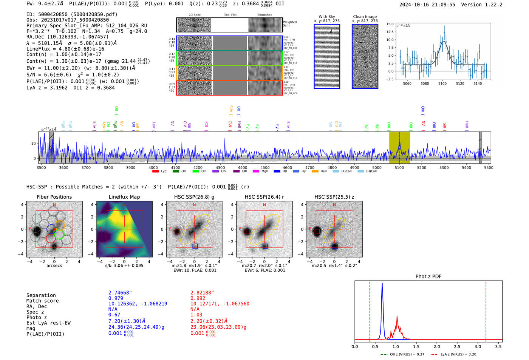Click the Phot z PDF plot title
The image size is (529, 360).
point(428,277)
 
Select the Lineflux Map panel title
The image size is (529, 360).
point(124,197)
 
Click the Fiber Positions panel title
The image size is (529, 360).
point(54,197)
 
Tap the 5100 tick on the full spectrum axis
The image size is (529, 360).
point(399,167)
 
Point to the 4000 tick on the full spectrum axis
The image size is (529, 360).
point(153,167)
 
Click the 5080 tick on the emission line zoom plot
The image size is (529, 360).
point(425,83)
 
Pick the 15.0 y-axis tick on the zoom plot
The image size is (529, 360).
point(390,24)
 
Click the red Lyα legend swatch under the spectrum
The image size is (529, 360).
point(155,172)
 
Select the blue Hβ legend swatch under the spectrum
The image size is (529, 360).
point(277,172)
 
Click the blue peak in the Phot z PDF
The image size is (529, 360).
point(382,284)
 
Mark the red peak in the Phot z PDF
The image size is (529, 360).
point(397,317)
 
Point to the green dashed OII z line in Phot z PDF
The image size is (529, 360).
point(370,310)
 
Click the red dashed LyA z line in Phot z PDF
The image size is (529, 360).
point(486,310)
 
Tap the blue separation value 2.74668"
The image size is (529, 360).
point(120,293)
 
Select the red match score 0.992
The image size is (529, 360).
point(198,298)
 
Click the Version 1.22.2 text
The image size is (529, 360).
point(487,5)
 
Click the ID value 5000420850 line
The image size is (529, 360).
point(72,14)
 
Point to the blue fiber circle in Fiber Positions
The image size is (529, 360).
point(51,229)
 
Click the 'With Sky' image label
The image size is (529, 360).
point(327,17)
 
